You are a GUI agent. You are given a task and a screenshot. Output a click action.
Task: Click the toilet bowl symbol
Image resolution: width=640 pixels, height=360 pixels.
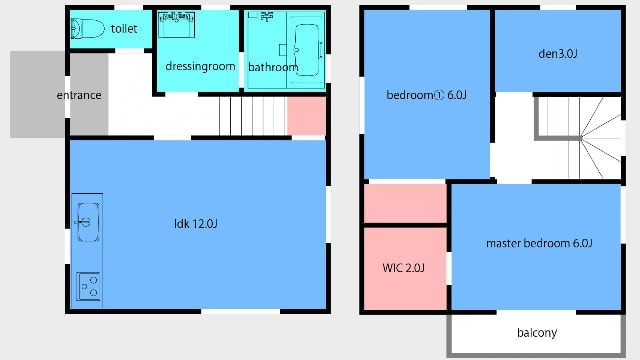coord(88,29)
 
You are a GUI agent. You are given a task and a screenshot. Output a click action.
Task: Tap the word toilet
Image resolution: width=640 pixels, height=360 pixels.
coord(124,29)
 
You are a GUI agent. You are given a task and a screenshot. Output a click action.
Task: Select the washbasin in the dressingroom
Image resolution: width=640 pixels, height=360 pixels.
coord(176,24)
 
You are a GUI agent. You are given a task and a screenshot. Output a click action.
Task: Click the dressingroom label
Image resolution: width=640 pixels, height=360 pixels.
coord(200,66)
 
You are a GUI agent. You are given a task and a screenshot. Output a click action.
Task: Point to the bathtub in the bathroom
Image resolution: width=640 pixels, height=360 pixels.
coord(307,50)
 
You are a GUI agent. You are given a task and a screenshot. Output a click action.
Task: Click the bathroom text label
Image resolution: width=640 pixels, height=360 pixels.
coord(273,67)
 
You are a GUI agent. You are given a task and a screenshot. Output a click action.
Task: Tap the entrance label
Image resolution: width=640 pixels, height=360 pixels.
coord(79,95)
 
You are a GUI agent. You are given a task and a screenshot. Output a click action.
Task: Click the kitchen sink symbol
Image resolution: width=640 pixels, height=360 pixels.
coord(88,222)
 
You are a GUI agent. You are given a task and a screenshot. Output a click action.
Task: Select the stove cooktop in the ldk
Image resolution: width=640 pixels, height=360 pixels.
coord(89,286)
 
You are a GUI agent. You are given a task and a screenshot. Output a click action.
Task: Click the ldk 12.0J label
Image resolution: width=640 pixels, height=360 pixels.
coord(196,224)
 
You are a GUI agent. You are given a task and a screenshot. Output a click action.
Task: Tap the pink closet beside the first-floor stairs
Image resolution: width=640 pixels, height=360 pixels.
coord(307,116)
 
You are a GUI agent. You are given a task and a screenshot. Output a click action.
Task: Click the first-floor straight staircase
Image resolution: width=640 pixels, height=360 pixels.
coord(253,116)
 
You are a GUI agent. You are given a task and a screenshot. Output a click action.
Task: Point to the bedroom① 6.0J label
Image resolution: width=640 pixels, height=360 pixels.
coord(426,95)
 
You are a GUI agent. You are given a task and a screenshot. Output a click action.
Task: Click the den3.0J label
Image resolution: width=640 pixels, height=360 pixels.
coord(558,54)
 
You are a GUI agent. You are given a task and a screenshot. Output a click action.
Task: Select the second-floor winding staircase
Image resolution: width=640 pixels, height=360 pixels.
coord(580,138)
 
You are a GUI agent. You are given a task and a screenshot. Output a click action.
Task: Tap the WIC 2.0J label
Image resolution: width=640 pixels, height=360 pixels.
coord(403,268)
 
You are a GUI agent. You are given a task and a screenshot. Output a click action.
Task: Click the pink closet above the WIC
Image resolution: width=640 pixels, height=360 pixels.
coord(405,203)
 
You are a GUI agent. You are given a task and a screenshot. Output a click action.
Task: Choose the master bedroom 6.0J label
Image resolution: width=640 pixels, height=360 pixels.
coord(539,243)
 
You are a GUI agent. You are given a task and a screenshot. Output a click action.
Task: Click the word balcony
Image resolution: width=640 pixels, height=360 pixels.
coord(537,333)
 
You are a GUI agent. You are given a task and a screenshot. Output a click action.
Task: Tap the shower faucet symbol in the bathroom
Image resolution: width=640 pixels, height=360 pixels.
coord(267,16)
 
